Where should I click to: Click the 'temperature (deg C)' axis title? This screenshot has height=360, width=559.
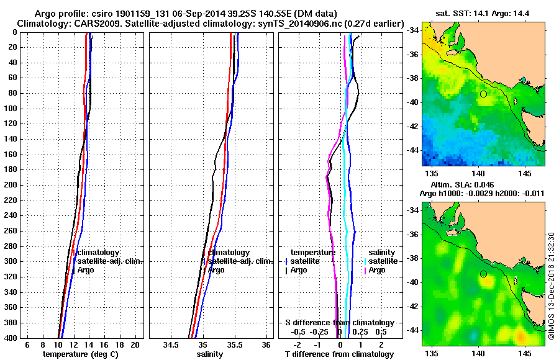80,354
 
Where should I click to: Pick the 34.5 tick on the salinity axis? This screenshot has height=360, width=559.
170,344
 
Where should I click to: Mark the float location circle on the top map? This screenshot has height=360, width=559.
483,94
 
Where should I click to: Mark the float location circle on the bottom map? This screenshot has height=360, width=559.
483,274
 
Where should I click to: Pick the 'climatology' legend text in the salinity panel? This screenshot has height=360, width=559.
229,253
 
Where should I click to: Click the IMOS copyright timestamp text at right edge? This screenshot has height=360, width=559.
552,286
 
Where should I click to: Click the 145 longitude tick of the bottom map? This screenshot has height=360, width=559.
525,352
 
